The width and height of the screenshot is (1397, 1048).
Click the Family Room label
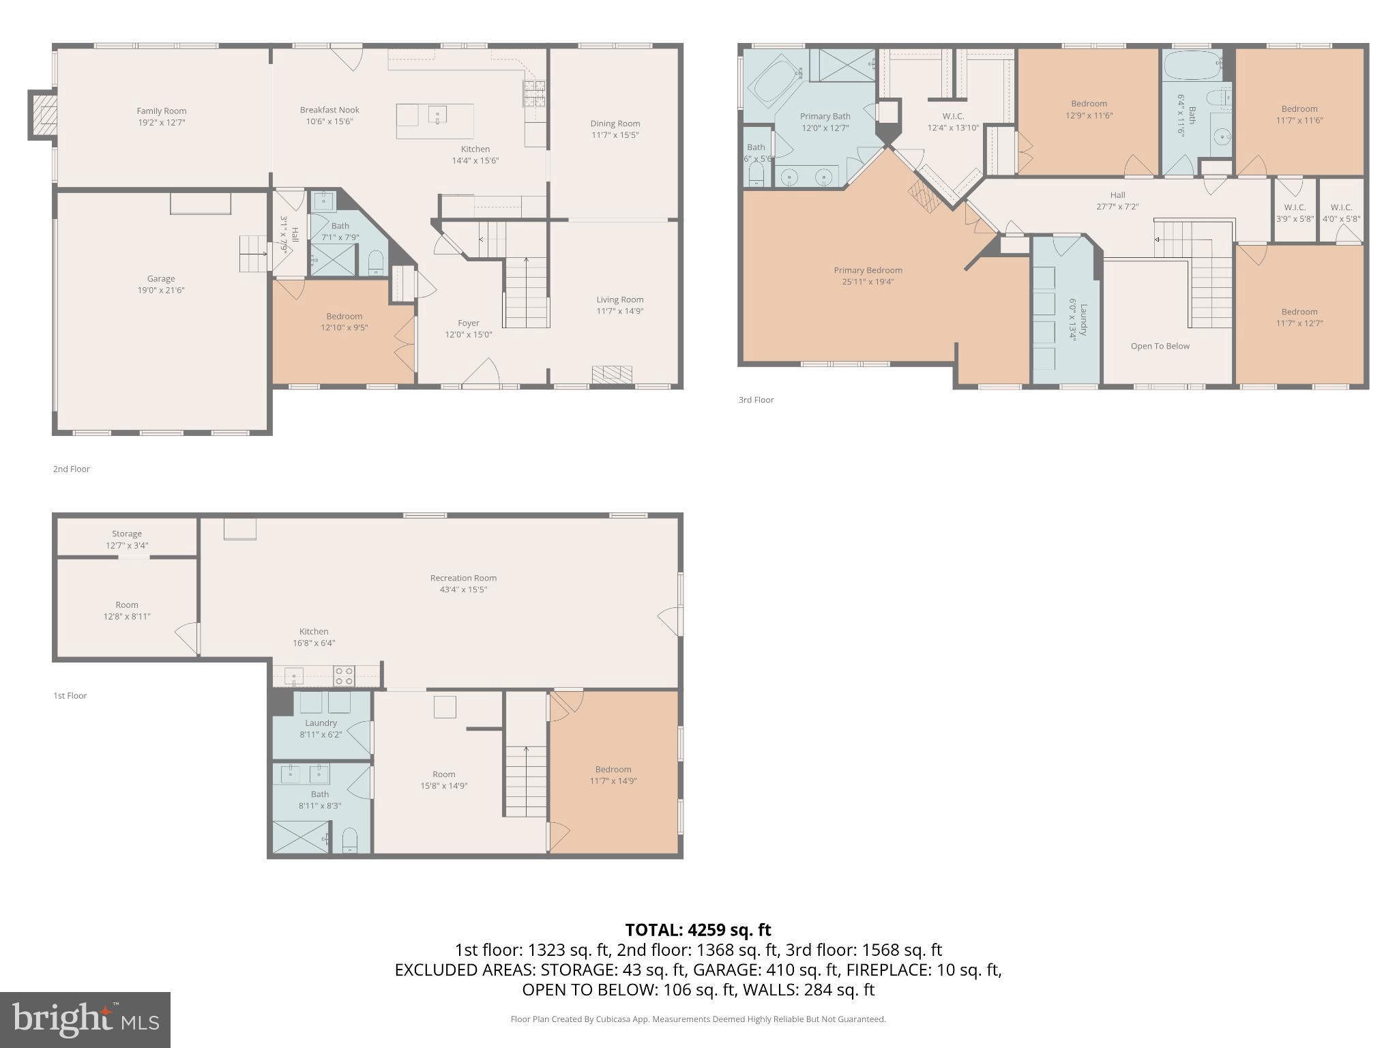161,111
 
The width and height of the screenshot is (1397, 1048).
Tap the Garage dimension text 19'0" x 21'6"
161,290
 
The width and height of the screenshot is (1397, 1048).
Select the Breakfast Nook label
329,110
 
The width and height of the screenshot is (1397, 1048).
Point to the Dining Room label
615,123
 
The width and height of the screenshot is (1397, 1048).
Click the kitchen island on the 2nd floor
435,121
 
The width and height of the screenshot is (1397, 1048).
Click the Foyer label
468,323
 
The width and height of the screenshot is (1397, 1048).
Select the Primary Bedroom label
868,270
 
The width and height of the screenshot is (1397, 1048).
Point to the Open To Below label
1160,346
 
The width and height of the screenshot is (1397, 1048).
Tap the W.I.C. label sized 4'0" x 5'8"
1340,207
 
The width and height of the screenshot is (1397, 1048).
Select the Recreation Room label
463,578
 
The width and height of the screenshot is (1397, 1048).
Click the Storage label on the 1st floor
127,534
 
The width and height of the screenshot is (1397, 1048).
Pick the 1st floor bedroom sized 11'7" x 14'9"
613,774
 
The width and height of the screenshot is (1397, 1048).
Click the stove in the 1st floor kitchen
343,676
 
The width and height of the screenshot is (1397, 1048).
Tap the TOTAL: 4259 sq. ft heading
698,930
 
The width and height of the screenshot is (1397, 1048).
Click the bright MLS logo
85,1019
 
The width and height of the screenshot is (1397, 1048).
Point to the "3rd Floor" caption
756,400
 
